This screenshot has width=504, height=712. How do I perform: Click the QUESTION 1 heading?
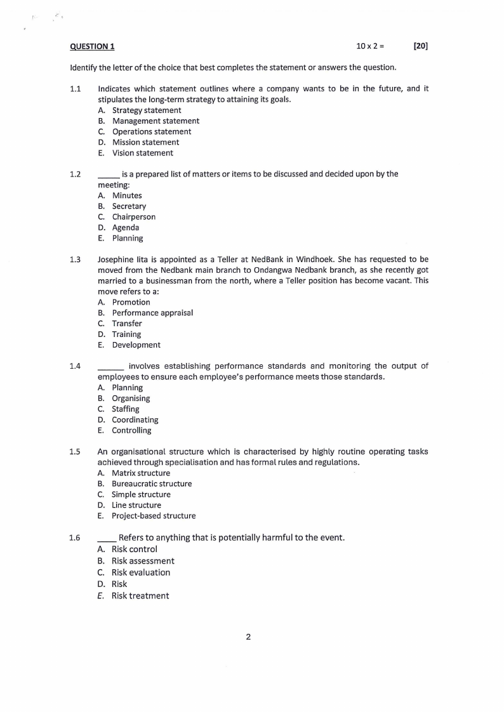pyautogui.click(x=93, y=46)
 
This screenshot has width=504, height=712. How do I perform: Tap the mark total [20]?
pyautogui.click(x=420, y=46)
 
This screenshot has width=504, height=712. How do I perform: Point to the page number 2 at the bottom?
pyautogui.click(x=248, y=637)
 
